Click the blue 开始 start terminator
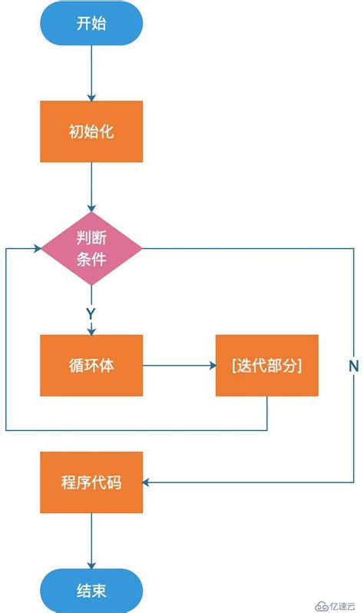coord(91,23)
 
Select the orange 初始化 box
coord(91,131)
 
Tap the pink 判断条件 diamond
coord(91,248)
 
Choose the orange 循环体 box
coord(91,365)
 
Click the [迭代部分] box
coord(266,365)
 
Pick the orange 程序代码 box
coord(91,482)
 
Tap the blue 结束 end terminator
coord(91,591)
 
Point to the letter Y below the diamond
coord(91,314)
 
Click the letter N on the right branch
coord(353,366)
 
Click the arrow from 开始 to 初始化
coord(91,73)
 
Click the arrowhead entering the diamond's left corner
coord(37,248)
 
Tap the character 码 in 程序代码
coord(114,483)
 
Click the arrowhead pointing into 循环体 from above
coord(91,330)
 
